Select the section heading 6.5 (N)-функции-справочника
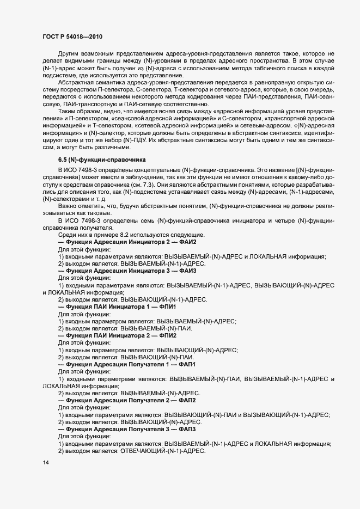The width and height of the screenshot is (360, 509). (x=102, y=160)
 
